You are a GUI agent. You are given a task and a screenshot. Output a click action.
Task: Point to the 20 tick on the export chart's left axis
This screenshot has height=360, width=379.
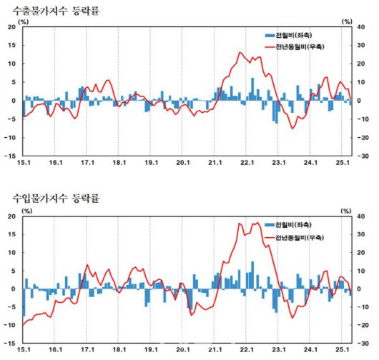[x=11, y=27]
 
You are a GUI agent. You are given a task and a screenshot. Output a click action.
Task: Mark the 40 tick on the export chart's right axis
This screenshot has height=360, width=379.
[x=364, y=27]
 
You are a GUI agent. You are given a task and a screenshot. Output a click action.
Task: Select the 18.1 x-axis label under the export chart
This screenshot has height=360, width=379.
[x=119, y=164]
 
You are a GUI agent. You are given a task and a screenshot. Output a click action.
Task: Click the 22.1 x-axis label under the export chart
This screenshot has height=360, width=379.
[x=247, y=164]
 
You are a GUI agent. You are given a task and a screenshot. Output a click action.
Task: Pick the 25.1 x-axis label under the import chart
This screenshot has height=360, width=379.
[x=343, y=351]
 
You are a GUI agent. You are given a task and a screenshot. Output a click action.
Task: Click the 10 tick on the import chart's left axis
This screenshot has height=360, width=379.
[x=11, y=253]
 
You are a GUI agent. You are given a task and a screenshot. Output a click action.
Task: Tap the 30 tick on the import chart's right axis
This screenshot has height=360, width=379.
[x=364, y=234]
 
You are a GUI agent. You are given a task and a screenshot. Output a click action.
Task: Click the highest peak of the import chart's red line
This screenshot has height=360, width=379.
[x=259, y=223]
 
